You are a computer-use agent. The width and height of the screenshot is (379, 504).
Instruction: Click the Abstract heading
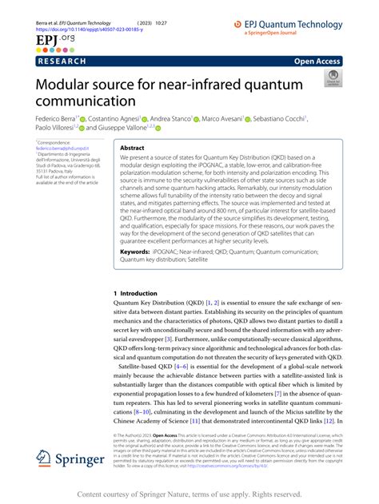coord(132,148)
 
